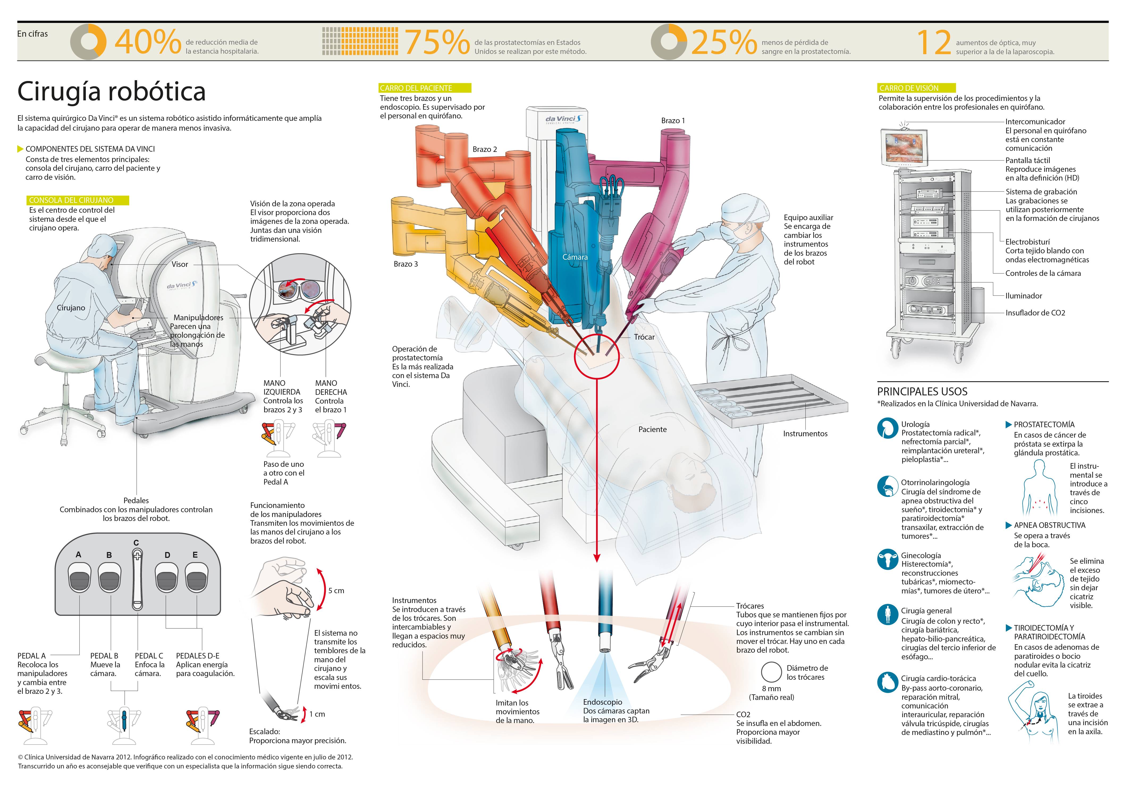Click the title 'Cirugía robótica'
111,91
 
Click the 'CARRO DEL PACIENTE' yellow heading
425,88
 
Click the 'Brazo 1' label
673,121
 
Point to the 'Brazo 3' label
405,264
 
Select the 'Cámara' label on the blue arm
575,257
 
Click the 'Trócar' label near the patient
644,337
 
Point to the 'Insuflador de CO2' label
1035,313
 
